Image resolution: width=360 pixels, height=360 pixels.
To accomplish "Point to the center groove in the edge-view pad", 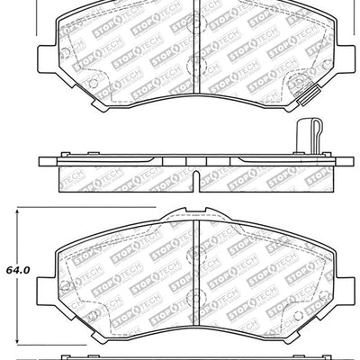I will [x=195, y=166].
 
